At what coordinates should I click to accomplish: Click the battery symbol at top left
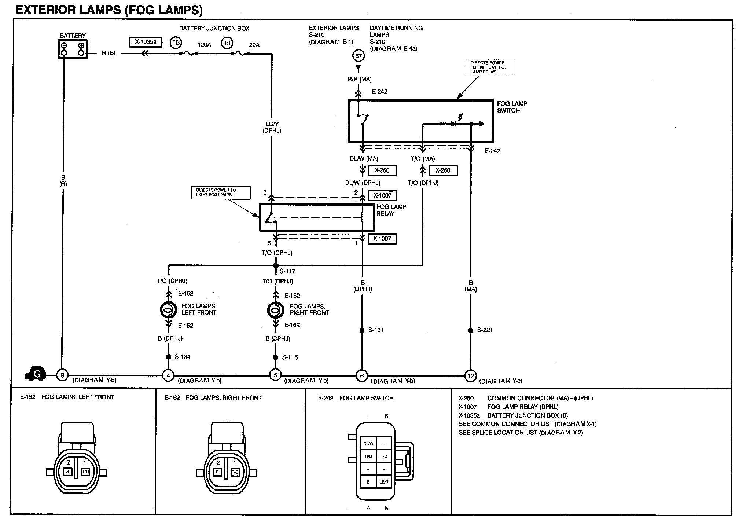(x=73, y=49)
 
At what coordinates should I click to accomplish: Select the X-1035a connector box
(x=146, y=42)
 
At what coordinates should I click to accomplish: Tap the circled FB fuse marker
(x=176, y=43)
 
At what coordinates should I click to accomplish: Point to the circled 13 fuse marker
(x=227, y=43)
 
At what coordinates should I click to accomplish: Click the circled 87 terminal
(x=358, y=56)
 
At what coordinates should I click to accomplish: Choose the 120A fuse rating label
(x=204, y=45)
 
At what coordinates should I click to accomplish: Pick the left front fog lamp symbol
(x=168, y=310)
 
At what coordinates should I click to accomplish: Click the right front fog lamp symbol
(x=275, y=310)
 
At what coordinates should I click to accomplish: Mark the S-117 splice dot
(x=276, y=265)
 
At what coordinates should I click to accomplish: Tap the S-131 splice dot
(x=362, y=330)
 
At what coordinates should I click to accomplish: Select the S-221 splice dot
(x=471, y=330)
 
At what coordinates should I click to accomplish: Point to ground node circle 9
(x=62, y=375)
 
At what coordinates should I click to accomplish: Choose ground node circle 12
(x=470, y=376)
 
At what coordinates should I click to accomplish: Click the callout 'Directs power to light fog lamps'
(x=221, y=192)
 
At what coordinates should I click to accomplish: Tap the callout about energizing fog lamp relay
(x=490, y=67)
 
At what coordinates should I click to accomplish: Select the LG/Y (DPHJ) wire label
(x=272, y=127)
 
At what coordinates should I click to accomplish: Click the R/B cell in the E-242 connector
(x=368, y=456)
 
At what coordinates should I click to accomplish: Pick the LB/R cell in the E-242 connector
(x=384, y=482)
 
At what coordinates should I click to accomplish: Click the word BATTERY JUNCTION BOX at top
(x=214, y=29)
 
